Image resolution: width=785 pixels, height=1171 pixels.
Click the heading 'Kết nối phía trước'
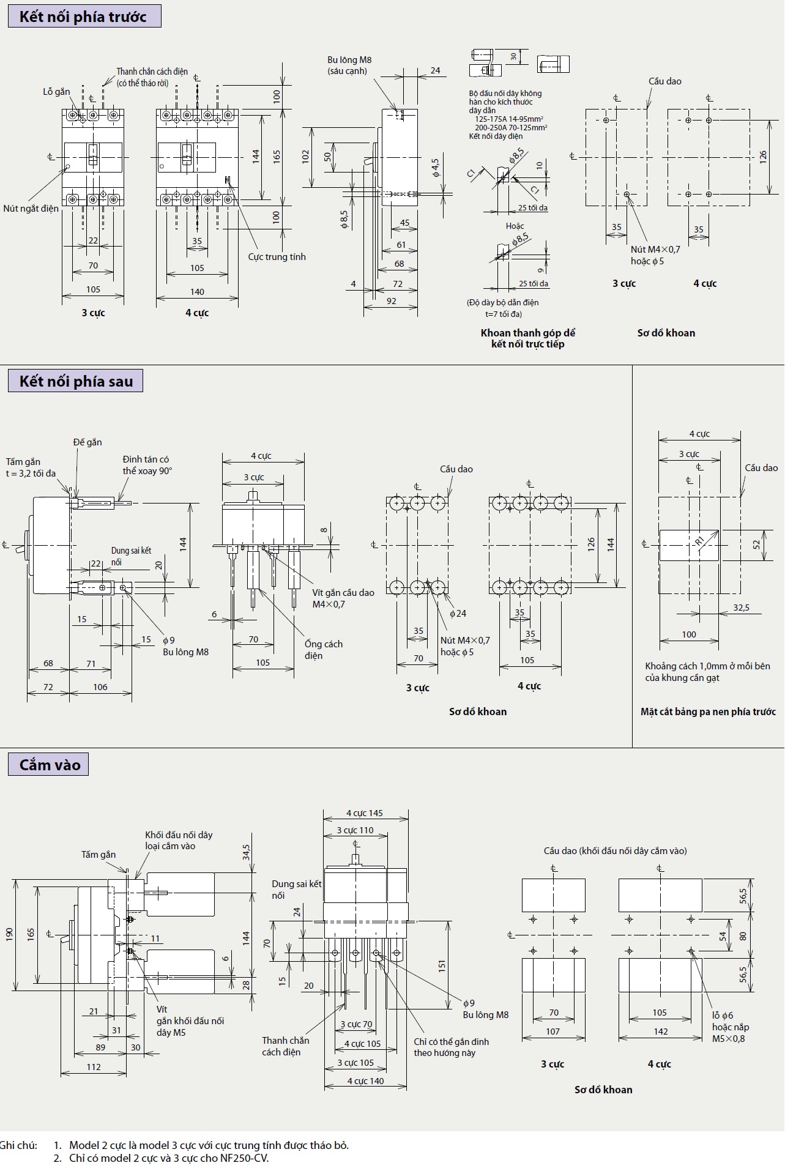click(83, 17)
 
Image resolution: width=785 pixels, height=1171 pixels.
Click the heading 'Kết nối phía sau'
click(76, 381)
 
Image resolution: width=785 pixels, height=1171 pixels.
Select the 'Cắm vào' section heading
click(50, 765)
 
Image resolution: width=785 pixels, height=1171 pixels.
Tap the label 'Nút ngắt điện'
click(31, 209)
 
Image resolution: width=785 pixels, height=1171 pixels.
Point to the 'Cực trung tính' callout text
click(277, 257)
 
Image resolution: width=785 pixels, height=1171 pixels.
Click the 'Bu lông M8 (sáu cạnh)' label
click(349, 65)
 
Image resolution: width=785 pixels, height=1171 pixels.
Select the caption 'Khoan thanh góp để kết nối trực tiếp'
click(527, 338)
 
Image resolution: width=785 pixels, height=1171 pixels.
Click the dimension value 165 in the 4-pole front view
click(277, 157)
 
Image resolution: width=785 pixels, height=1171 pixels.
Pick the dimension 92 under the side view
click(392, 301)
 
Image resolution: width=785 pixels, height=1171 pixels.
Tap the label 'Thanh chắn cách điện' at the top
click(152, 72)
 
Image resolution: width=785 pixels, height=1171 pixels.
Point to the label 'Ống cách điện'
click(323, 650)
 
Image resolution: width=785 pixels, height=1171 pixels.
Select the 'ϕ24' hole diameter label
click(458, 614)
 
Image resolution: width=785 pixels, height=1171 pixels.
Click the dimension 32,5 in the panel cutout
click(741, 608)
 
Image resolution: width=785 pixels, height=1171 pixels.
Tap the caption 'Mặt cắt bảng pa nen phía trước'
click(708, 712)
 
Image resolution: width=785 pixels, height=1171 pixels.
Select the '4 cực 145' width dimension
click(364, 813)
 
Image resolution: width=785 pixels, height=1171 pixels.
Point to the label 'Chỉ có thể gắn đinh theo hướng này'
click(451, 1047)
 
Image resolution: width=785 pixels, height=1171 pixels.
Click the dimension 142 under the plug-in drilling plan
click(661, 1032)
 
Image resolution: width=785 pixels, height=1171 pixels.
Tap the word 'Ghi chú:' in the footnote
click(19, 1145)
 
